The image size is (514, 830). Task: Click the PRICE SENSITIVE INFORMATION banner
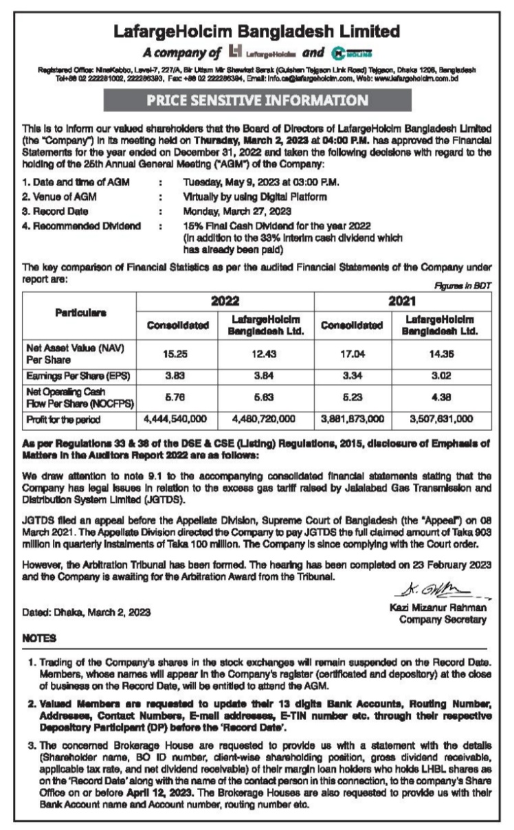[256, 101]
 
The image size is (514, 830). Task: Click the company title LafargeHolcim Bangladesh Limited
[256, 31]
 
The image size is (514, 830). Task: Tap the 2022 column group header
[225, 301]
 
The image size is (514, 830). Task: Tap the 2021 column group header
[403, 301]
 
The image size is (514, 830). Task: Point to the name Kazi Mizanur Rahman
[438, 608]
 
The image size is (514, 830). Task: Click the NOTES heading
[38, 637]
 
